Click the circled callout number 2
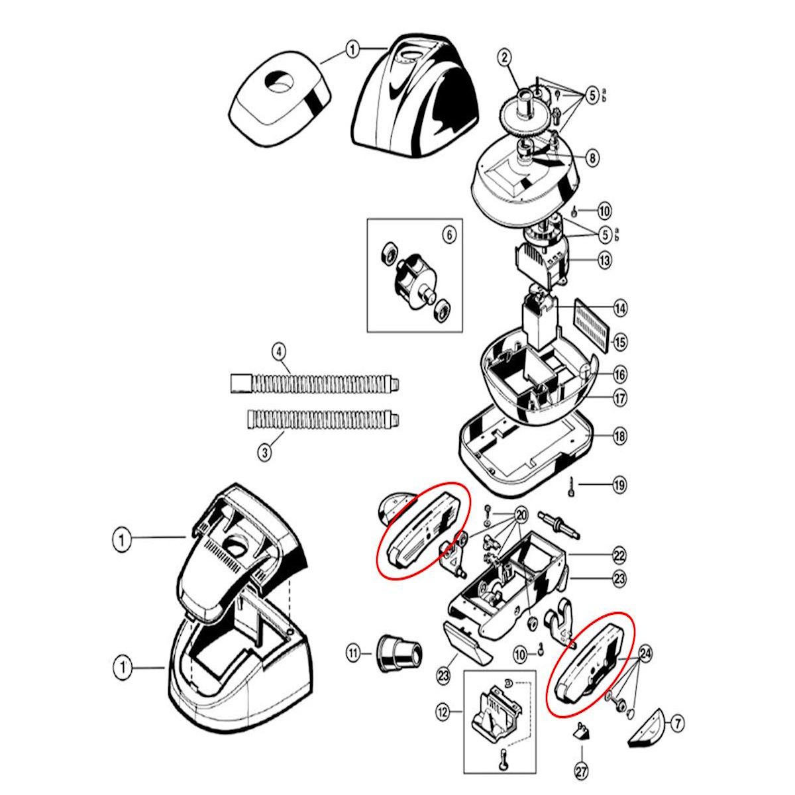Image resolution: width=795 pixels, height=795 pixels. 505,58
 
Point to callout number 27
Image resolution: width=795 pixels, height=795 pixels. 582,772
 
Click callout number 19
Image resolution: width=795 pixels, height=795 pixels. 619,485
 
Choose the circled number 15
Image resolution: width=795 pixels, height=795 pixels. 619,343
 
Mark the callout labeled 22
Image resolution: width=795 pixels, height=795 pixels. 619,555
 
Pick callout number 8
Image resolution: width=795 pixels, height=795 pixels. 592,158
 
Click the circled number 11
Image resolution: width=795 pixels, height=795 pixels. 352,654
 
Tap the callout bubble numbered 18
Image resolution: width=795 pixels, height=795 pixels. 619,436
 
